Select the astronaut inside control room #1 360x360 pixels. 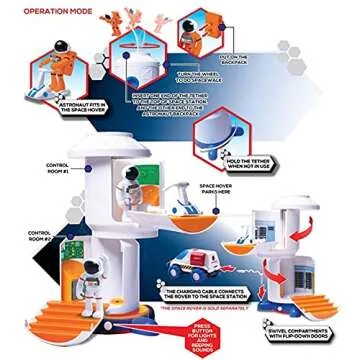(x=128, y=189)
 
